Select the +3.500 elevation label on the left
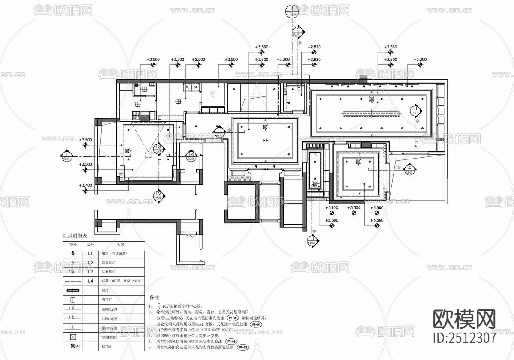(x=86, y=140)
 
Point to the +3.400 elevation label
(x=86, y=185)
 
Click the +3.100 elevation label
(x=332, y=208)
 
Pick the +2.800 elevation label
(x=332, y=220)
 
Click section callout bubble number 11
(x=67, y=155)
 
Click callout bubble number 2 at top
(x=297, y=31)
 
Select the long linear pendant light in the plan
(x=371, y=114)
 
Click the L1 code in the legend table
(x=90, y=254)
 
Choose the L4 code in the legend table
(x=90, y=281)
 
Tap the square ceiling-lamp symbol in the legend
(x=72, y=300)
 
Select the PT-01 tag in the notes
(x=256, y=324)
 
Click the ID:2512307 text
(x=465, y=338)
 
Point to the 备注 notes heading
(x=154, y=297)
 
